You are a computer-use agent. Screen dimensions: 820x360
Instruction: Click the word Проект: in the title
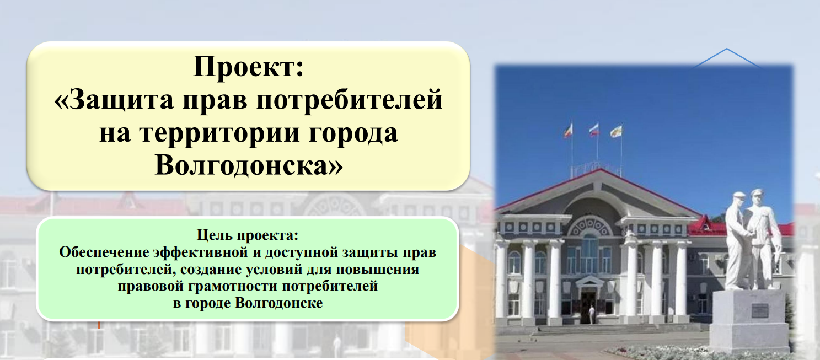(248, 67)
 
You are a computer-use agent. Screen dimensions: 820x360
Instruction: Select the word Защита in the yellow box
(114, 100)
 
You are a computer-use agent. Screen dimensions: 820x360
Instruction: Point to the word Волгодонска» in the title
(249, 165)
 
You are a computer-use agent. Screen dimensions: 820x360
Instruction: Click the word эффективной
(200, 252)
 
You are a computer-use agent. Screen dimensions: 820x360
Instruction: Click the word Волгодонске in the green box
(279, 303)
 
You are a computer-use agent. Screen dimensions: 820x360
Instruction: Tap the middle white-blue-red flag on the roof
(594, 130)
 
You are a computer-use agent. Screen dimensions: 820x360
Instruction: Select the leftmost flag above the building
(568, 131)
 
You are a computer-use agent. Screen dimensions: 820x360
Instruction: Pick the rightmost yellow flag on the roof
(616, 131)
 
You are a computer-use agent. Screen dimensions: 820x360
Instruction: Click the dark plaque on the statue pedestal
(759, 311)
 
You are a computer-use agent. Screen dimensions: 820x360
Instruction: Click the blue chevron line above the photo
(727, 58)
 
